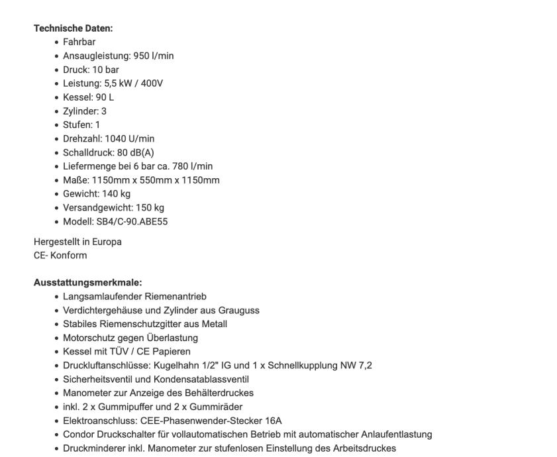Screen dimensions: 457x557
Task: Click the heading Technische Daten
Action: tap(73, 28)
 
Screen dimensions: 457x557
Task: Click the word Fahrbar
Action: tap(79, 42)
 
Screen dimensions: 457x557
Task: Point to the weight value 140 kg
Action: tap(116, 194)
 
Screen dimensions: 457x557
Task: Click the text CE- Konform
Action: tap(60, 255)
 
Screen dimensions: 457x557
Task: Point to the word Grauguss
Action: tap(239, 310)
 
